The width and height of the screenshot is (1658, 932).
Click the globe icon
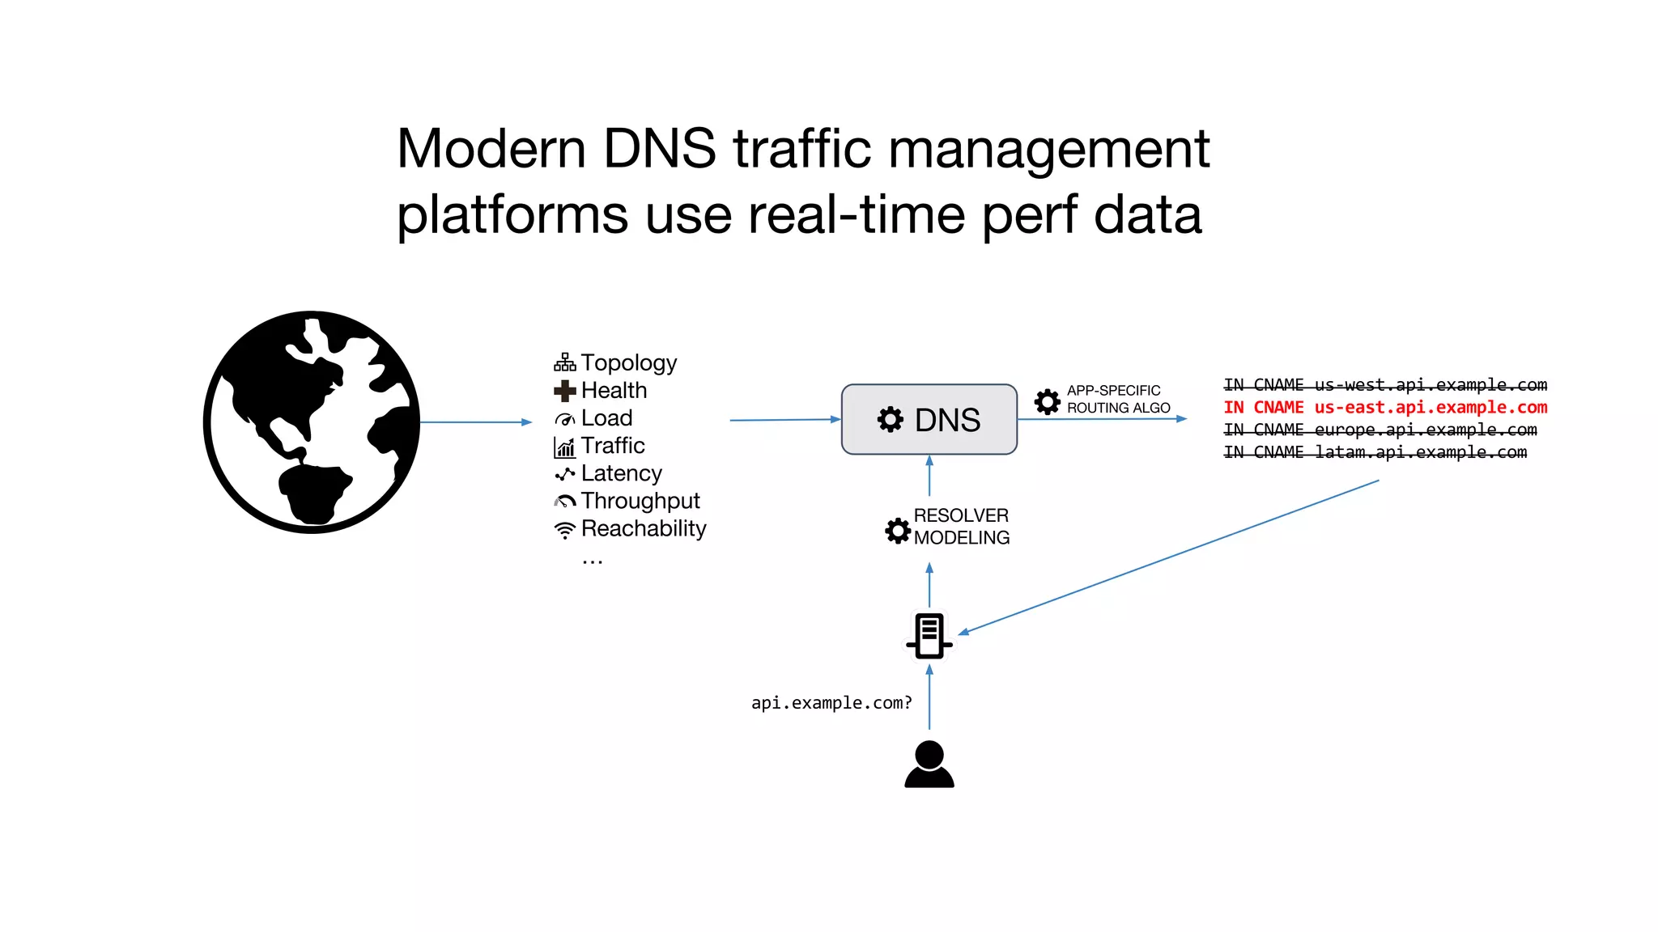click(312, 422)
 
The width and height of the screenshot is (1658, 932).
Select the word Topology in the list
click(628, 362)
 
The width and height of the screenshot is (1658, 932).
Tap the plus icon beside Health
click(564, 391)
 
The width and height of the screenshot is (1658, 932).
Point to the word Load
click(606, 418)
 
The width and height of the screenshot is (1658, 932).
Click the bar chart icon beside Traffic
click(564, 447)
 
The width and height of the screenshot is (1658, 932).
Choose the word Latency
click(621, 473)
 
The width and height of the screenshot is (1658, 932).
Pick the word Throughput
click(640, 501)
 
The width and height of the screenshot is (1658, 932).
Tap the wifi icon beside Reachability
click(564, 530)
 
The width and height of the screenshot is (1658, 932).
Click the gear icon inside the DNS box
click(890, 419)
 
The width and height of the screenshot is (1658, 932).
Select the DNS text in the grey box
click(947, 420)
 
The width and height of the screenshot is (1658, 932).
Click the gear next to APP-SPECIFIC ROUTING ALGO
click(1047, 400)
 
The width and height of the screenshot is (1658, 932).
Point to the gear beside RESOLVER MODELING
click(898, 530)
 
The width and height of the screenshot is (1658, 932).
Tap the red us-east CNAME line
click(1384, 407)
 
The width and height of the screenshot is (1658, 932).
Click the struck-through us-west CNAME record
click(1384, 384)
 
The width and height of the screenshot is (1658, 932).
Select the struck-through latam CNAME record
click(1375, 452)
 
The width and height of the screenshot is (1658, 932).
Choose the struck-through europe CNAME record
click(1380, 430)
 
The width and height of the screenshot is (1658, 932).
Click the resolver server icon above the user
click(929, 635)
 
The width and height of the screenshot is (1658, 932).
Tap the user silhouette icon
click(929, 764)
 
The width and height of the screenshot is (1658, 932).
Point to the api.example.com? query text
click(831, 703)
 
